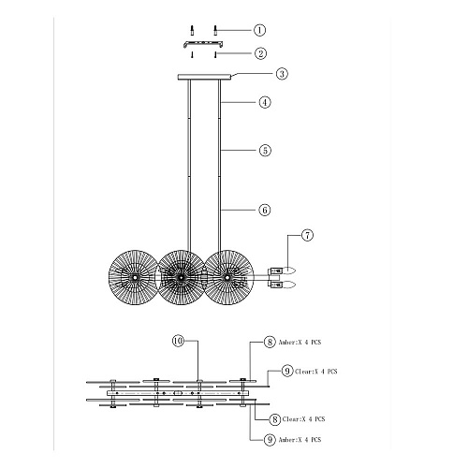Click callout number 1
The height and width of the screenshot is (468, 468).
click(259, 30)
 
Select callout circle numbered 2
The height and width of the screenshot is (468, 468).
click(260, 53)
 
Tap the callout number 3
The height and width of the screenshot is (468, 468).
click(282, 74)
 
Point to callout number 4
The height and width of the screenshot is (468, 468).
click(265, 102)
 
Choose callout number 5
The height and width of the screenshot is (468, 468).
click(265, 151)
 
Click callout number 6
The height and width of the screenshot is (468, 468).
click(265, 210)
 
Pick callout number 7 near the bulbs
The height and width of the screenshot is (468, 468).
click(307, 235)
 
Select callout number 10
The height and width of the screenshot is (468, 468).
click(178, 341)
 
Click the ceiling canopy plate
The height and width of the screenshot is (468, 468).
click(204, 77)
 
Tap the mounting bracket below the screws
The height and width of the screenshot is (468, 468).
click(203, 43)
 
